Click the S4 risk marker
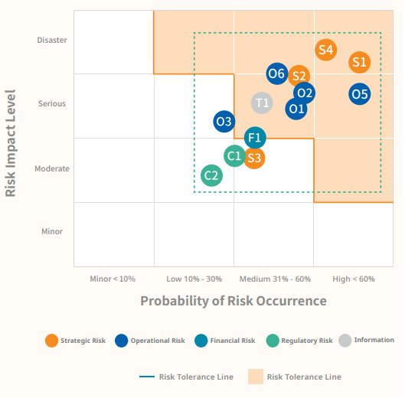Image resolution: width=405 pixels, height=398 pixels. [325, 50]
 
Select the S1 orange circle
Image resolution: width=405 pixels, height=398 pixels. [360, 62]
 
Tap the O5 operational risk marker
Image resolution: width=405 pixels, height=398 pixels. [360, 94]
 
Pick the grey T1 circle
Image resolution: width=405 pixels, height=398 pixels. [262, 103]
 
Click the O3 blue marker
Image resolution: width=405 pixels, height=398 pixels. [224, 122]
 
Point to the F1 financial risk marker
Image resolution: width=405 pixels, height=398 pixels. [255, 138]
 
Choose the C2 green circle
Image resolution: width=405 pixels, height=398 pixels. [211, 175]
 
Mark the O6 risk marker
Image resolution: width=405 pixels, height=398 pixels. [277, 73]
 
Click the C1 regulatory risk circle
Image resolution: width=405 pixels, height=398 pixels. [234, 155]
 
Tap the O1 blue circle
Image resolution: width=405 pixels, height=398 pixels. [296, 109]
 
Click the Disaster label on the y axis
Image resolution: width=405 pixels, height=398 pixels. [52, 40]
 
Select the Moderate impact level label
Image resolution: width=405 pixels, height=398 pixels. [52, 168]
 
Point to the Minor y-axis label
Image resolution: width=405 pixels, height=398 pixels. [52, 231]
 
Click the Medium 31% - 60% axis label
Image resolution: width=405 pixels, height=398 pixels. [275, 279]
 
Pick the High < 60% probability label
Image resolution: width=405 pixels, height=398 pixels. [354, 279]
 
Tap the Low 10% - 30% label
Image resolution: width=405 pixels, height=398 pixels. [194, 279]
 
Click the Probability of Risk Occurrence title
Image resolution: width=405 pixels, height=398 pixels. [234, 301]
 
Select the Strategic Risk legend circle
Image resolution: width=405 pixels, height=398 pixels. [51, 341]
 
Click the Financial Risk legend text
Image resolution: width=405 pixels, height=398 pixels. [233, 341]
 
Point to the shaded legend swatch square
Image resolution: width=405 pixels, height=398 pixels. [256, 377]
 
